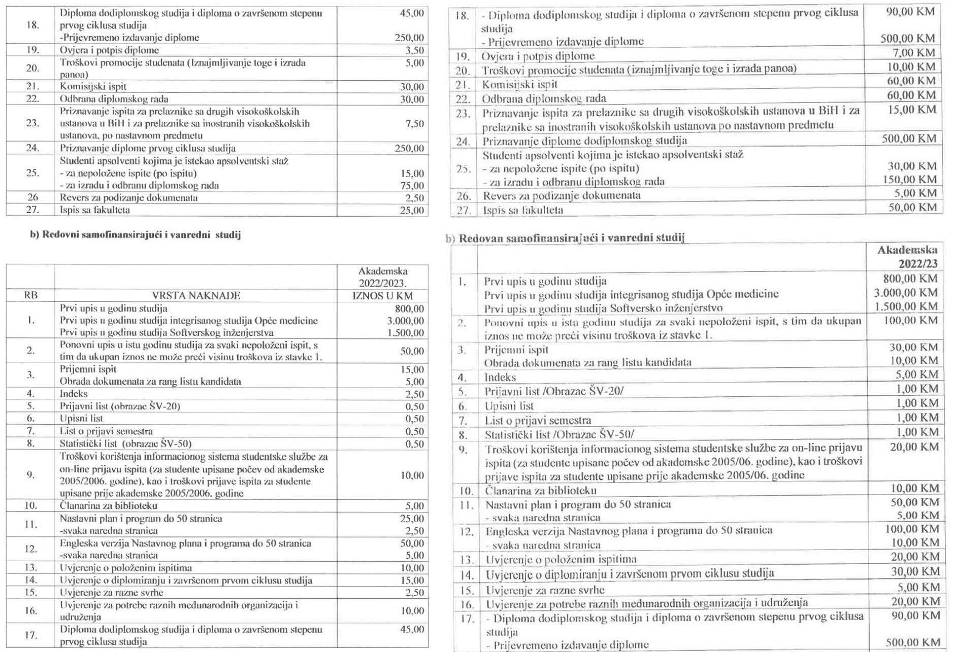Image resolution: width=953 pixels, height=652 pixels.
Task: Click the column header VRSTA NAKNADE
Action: click(x=196, y=295)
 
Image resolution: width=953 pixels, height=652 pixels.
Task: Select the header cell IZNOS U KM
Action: click(x=382, y=296)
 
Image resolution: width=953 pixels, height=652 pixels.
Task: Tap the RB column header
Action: click(x=30, y=295)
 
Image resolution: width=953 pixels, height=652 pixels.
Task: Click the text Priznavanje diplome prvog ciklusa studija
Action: click(x=148, y=148)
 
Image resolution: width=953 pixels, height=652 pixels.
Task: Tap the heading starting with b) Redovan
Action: click(x=566, y=237)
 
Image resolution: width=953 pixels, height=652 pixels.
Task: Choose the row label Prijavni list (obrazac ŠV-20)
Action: click(x=120, y=406)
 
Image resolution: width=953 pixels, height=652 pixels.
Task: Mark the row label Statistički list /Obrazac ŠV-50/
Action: click(x=559, y=434)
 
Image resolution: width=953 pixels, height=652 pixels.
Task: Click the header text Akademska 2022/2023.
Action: click(x=383, y=277)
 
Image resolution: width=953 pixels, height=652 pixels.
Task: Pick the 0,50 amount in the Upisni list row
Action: click(x=414, y=419)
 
